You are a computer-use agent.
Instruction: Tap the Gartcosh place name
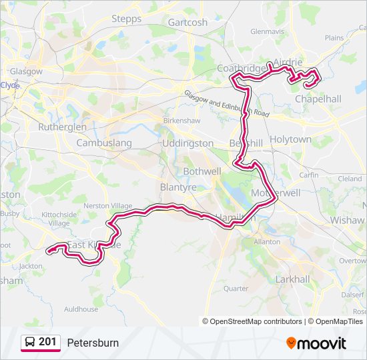point(188,22)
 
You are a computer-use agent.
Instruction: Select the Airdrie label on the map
point(288,62)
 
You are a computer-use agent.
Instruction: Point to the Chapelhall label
point(318,99)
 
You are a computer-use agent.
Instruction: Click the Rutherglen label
point(62,127)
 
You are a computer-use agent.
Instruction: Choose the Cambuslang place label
point(104,143)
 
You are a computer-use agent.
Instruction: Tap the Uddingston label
point(188,143)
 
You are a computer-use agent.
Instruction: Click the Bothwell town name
point(183,171)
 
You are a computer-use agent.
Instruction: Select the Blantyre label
point(178,188)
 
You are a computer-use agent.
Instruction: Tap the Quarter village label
point(236,289)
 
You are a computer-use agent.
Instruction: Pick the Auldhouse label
point(81,309)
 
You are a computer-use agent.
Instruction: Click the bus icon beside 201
point(30,343)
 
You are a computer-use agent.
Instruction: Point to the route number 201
point(47,342)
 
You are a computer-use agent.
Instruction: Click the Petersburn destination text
point(93,343)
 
